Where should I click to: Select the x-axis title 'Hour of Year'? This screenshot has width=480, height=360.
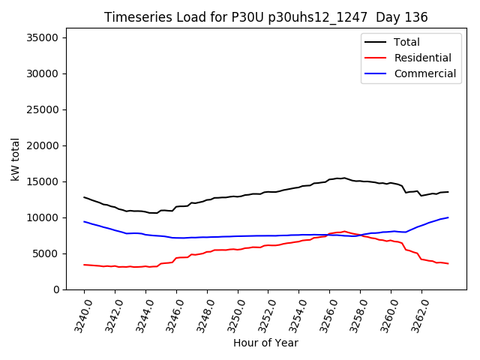[x=265, y=343]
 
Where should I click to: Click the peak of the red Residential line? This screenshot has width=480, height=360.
[x=345, y=231]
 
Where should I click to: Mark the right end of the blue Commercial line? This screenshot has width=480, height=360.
[x=448, y=217]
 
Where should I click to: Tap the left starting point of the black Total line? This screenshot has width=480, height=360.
[x=84, y=197]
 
